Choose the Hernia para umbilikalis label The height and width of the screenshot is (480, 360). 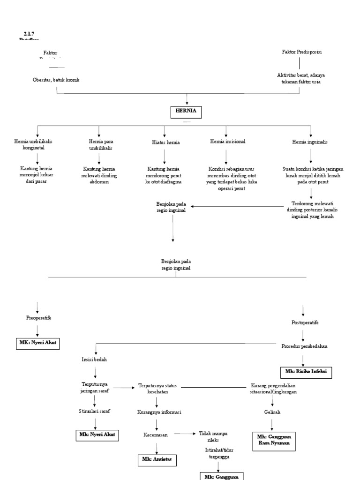tap(101, 144)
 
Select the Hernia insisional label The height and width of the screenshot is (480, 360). tap(228, 141)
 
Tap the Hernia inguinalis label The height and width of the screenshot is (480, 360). tap(310, 142)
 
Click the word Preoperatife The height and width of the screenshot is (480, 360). tap(38, 318)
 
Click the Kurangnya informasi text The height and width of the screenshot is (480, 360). tap(159, 412)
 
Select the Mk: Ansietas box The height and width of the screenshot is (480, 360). tap(157, 459)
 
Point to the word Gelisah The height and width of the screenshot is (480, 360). tap(272, 411)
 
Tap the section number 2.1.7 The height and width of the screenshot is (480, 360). tap(29, 33)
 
